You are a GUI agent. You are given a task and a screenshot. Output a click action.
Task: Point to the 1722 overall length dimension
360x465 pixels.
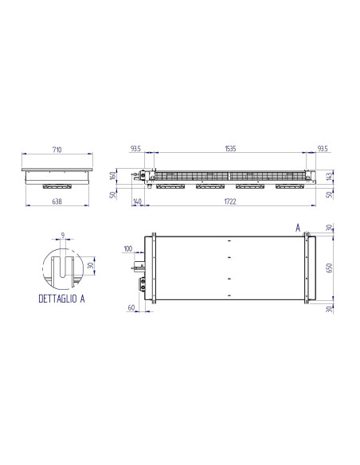click(x=231, y=202)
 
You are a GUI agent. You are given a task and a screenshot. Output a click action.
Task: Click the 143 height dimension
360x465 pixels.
click(x=328, y=177)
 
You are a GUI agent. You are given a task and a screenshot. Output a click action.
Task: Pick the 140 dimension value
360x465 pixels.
click(x=138, y=202)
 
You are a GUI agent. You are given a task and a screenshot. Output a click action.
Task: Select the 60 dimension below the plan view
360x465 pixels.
click(x=131, y=306)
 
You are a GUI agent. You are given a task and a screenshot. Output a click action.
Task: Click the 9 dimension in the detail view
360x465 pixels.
click(x=62, y=235)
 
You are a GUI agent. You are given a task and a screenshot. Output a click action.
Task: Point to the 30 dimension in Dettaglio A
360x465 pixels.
click(x=91, y=267)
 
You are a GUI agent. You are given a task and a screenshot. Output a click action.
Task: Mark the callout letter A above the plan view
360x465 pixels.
click(x=297, y=228)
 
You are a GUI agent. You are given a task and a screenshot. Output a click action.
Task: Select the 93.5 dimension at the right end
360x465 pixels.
click(x=322, y=149)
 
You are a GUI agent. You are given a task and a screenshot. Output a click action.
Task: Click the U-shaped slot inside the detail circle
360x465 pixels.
click(x=62, y=266)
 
